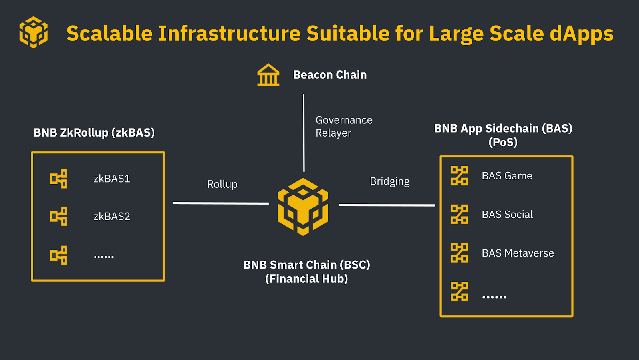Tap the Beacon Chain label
329,75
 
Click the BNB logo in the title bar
34,32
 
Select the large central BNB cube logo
303,207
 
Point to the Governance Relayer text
343,126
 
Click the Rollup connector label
222,184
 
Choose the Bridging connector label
389,181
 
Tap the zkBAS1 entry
112,179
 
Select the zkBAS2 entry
112,216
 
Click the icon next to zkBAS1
58,179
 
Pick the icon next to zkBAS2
58,216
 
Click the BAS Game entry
507,176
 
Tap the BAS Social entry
507,215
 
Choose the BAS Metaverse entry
518,253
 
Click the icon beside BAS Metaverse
459,253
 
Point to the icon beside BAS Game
459,176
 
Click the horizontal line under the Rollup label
221,203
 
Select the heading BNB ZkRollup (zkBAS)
94,133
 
